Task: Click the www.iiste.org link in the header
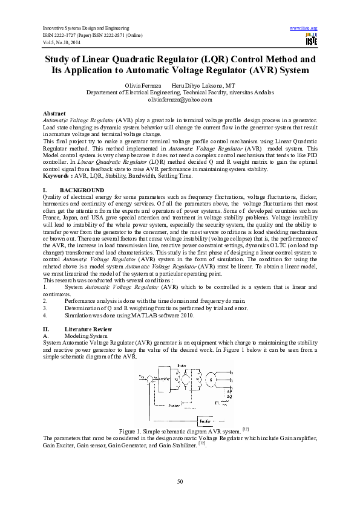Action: (304, 28)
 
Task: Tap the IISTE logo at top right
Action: (312, 41)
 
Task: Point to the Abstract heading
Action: (54, 114)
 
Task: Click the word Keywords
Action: (57, 176)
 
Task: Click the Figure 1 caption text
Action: (180, 430)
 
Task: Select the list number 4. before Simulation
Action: (45, 315)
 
